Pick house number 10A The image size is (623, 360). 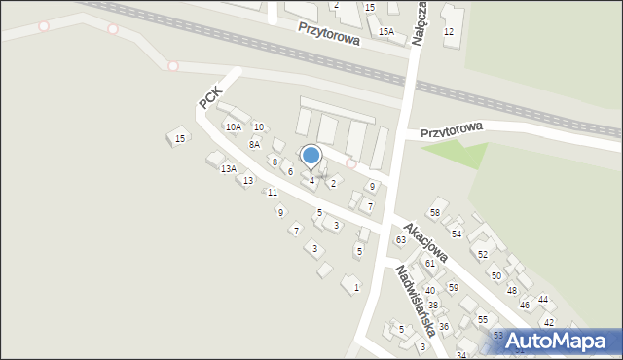point(233,127)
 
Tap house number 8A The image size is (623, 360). point(254,145)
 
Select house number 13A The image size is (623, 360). point(228,169)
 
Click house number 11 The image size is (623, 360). point(272,193)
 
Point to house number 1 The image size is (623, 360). point(356,287)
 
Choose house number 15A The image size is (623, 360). point(385,32)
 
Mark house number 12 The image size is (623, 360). point(449,32)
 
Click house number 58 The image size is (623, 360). point(435,213)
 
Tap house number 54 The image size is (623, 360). point(456,234)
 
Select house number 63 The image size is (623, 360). point(399,240)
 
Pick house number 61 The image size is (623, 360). point(429,264)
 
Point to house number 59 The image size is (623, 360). point(453,288)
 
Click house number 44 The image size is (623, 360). point(543,300)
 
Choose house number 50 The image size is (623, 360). point(495,276)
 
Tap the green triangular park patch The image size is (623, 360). point(458,154)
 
